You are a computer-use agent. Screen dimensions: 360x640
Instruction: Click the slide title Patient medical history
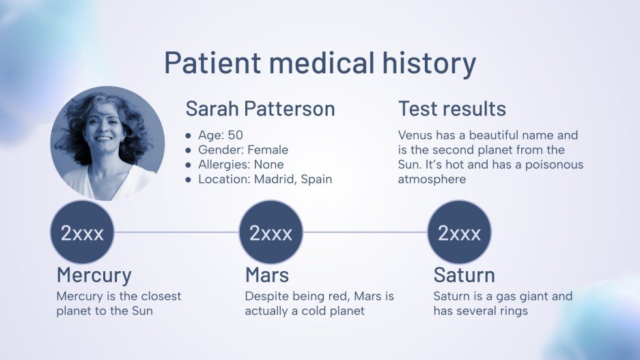click(x=320, y=63)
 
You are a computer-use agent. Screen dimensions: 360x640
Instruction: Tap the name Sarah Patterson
click(x=260, y=109)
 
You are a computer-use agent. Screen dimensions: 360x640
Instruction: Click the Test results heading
click(x=452, y=109)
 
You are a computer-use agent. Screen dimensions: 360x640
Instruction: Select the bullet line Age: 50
click(x=220, y=135)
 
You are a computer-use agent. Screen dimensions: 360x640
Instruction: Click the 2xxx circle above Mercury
click(x=82, y=233)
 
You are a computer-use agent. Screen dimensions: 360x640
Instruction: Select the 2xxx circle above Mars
click(x=270, y=233)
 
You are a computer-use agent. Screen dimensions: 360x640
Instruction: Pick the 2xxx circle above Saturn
click(x=459, y=233)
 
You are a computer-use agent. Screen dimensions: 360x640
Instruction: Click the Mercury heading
click(x=94, y=275)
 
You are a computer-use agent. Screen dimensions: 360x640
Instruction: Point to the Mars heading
click(x=267, y=275)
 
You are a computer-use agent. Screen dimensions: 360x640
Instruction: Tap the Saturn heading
click(x=464, y=275)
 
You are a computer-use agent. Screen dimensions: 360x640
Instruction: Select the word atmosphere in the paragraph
click(x=432, y=180)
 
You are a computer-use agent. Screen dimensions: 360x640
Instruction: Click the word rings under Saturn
click(x=512, y=311)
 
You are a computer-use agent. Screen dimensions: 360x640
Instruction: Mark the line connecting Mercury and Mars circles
click(x=176, y=232)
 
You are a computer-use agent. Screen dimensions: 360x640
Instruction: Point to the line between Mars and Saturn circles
click(x=365, y=232)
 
